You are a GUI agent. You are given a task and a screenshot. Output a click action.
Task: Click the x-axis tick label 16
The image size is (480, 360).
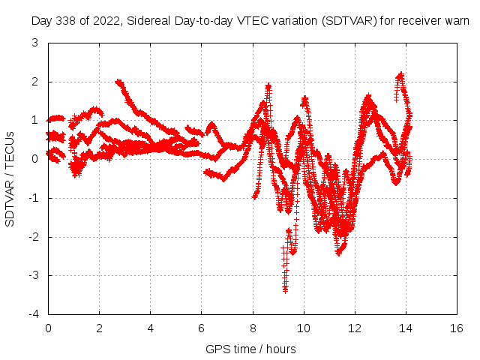pos(456,328)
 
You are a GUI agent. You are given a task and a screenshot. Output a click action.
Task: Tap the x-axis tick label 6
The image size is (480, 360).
pos(201,328)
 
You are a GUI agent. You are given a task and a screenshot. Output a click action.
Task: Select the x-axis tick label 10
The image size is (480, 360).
pos(303,328)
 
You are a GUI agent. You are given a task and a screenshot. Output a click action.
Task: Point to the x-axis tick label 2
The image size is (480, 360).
pos(99,328)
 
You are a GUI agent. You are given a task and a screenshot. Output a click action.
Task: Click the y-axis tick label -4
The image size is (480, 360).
pos(34,314)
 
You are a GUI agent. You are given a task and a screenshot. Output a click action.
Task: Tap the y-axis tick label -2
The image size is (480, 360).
pos(34,237)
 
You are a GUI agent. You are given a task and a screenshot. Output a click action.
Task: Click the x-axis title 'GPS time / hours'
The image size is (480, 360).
pos(250,349)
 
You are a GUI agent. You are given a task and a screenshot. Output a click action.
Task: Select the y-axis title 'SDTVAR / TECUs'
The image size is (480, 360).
pos(10,178)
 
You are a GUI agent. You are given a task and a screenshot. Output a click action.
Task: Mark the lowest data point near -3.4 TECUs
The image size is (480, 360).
pos(285,289)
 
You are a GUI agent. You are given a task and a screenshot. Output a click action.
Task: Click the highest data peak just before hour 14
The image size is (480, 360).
pos(400,75)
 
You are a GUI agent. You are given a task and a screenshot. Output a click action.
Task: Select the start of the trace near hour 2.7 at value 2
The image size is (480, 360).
pos(118,82)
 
